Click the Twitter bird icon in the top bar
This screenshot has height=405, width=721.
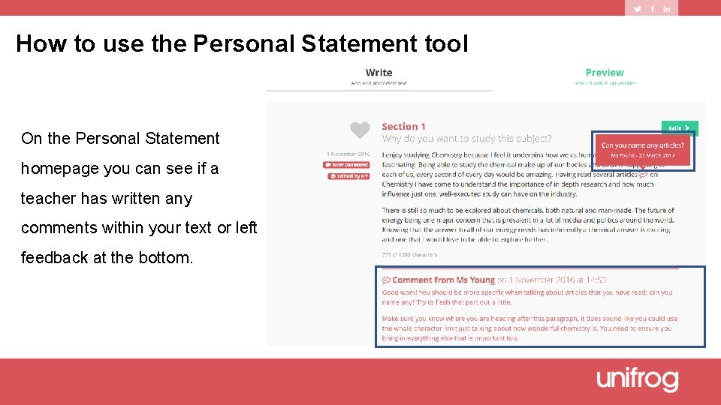pyautogui.click(x=638, y=8)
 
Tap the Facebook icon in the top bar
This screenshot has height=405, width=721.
pyautogui.click(x=652, y=8)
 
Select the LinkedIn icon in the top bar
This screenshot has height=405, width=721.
pyautogui.click(x=666, y=8)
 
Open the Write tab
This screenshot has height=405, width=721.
pyautogui.click(x=379, y=73)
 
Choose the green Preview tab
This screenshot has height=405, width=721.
pyautogui.click(x=605, y=73)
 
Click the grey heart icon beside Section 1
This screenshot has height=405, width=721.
pyautogui.click(x=360, y=130)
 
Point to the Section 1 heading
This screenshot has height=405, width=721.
pyautogui.click(x=403, y=126)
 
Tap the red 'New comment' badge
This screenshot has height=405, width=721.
pyautogui.click(x=347, y=165)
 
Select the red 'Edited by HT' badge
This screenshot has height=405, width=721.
pyautogui.click(x=348, y=176)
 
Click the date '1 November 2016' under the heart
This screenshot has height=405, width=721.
pyautogui.click(x=348, y=154)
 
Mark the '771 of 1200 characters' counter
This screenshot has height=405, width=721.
pyautogui.click(x=409, y=255)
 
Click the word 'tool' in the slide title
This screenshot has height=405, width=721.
pyautogui.click(x=445, y=43)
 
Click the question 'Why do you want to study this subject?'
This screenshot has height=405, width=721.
pyautogui.click(x=466, y=138)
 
